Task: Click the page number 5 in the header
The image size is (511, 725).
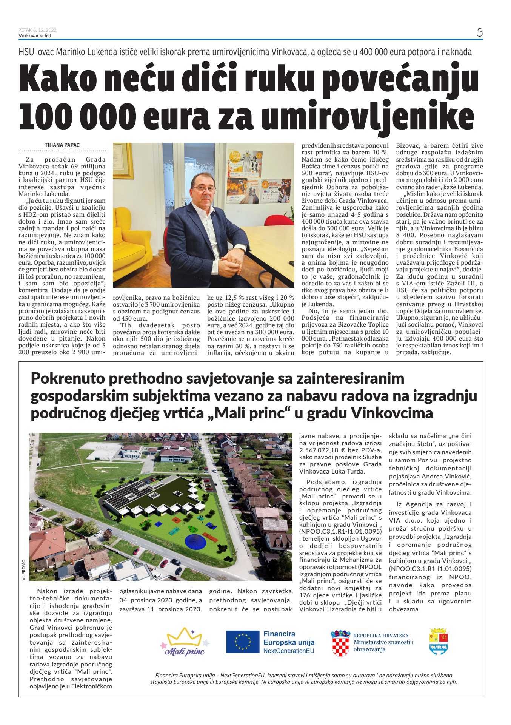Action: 479,33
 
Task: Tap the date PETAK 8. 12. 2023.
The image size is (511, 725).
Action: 38,30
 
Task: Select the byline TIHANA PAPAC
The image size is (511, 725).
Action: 62,145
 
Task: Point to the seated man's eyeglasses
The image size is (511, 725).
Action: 204,188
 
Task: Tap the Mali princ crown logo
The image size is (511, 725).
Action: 185,642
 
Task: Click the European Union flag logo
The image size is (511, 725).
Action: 242,642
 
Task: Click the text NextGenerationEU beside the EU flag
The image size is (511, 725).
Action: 289,651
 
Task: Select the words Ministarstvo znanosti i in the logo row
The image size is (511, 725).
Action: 383,642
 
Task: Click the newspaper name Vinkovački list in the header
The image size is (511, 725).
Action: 35,36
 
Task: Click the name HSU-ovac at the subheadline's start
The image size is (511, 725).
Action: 36,52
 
